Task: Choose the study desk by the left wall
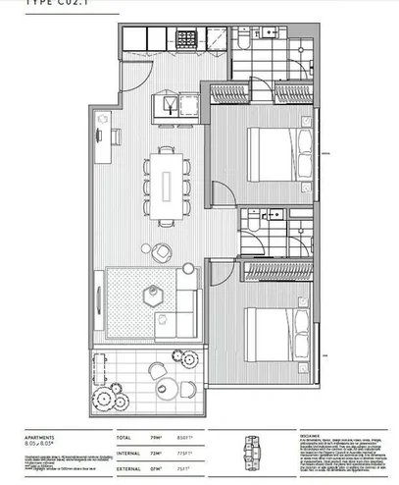pyautogui.click(x=103, y=137)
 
